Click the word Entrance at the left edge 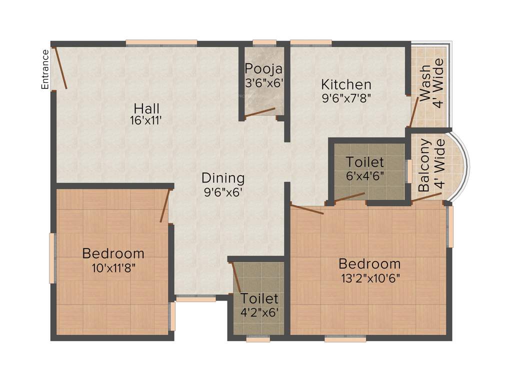point(45,69)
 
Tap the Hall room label point(146,108)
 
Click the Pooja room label point(263,68)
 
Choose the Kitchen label point(346,84)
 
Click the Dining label point(223,177)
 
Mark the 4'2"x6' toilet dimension point(259,312)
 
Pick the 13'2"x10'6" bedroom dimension point(369,276)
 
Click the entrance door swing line point(60,68)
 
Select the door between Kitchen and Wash point(413,112)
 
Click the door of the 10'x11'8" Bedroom point(164,205)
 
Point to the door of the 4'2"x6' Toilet point(236,276)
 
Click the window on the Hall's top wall point(161,43)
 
